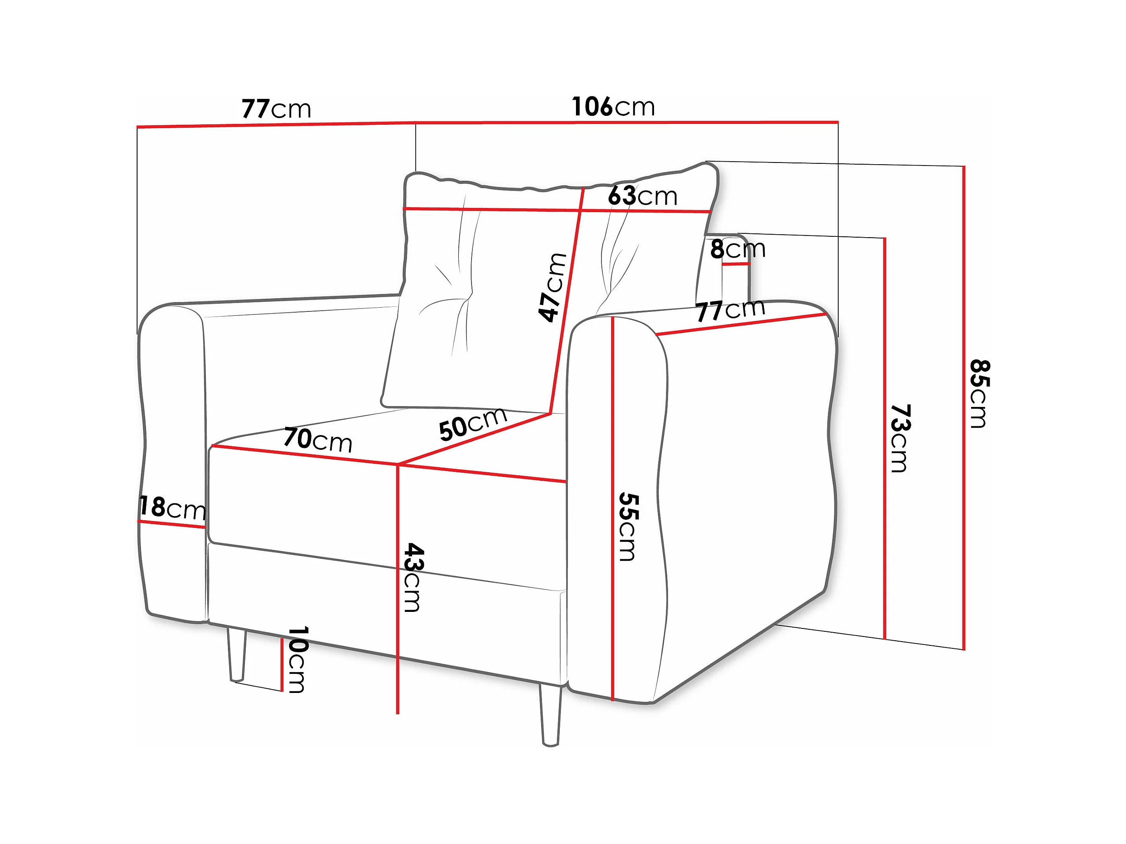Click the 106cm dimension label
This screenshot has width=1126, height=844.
click(613, 107)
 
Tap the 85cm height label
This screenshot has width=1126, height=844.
click(978, 393)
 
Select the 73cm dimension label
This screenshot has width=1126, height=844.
click(899, 438)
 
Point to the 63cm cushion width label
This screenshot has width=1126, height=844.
click(643, 196)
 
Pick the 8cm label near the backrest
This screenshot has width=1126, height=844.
click(738, 250)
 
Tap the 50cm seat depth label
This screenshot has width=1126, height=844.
click(472, 423)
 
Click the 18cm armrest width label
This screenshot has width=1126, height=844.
click(172, 508)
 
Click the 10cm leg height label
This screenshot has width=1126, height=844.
click(297, 660)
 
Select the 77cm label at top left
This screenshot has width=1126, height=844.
click(276, 109)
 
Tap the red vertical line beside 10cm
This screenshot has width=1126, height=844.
click(281, 665)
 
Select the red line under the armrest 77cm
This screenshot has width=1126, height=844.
click(741, 324)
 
